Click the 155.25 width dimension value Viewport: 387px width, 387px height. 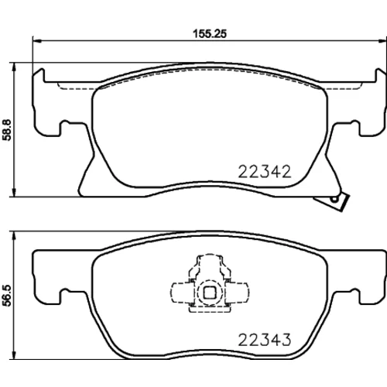tap(210, 34)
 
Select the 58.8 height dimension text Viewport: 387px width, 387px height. tap(7, 130)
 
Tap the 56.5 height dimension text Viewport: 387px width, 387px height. tap(7, 296)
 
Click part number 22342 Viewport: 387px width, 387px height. tap(265, 172)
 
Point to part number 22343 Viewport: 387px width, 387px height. tap(265, 340)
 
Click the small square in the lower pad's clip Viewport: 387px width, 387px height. tap(210, 293)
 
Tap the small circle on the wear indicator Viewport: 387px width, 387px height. tap(334, 199)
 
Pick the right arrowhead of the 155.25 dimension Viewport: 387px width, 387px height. tap(382, 40)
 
